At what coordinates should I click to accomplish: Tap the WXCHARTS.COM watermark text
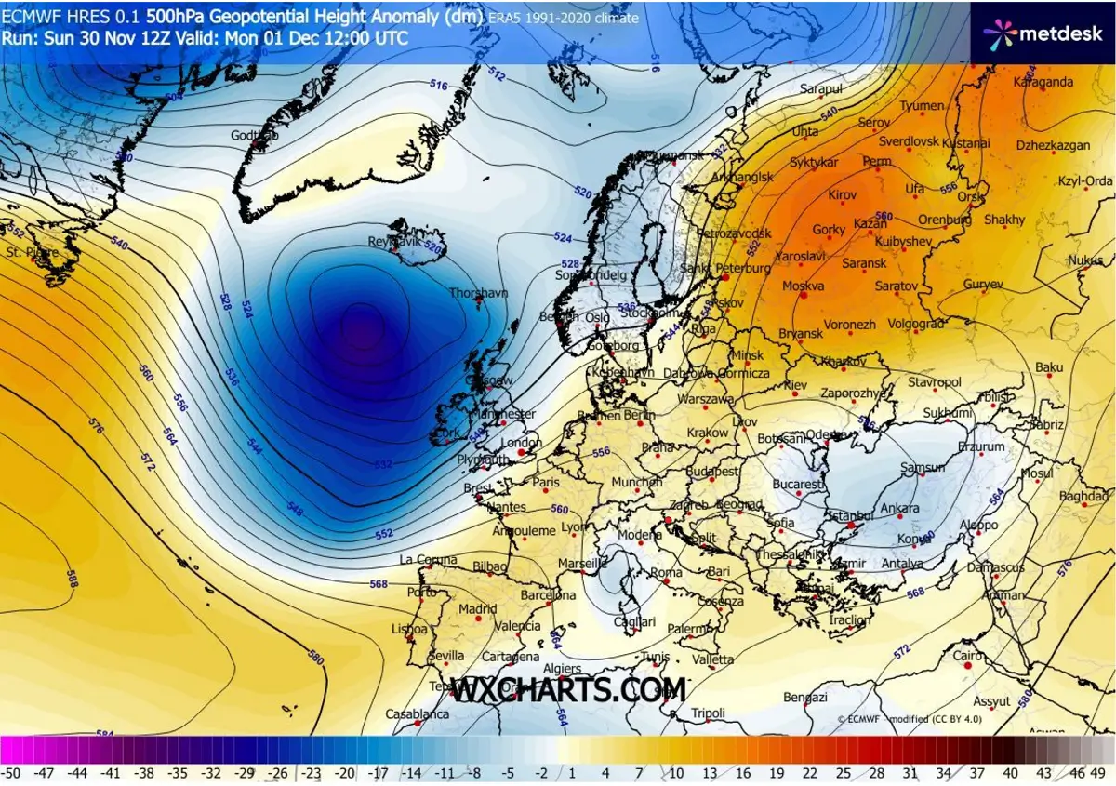tap(569, 690)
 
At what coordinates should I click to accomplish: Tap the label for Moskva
tap(804, 286)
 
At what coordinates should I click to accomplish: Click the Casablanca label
tap(418, 714)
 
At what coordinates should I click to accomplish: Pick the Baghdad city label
tap(1083, 496)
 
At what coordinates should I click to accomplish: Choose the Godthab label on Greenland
tap(254, 135)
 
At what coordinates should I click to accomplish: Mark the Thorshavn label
tap(479, 293)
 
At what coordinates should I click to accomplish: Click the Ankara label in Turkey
tap(899, 508)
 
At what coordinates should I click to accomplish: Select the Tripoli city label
tap(708, 713)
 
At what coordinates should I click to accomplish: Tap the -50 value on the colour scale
tap(11, 773)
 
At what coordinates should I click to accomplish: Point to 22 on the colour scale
tap(811, 773)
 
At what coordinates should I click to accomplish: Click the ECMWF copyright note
tap(909, 719)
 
